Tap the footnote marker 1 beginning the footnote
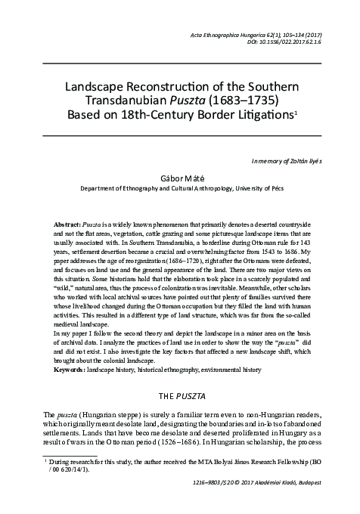(46, 459)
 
